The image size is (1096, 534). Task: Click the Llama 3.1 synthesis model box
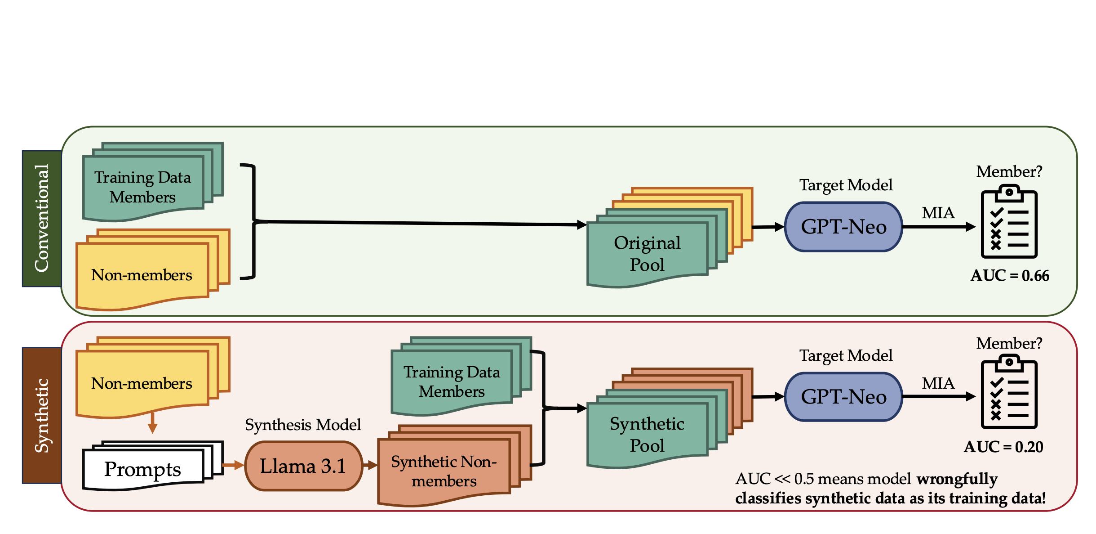[304, 466]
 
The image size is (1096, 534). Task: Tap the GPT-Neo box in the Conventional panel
[843, 227]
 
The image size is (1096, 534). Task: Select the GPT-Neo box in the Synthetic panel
[843, 397]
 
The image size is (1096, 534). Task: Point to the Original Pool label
[647, 253]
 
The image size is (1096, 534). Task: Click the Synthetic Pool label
[647, 434]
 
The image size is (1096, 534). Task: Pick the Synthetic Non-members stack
[444, 471]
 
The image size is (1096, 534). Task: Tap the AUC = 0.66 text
[1010, 275]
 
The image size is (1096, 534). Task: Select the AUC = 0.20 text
[1003, 447]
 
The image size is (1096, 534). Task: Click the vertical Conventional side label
[42, 219]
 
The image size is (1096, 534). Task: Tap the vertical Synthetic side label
[42, 415]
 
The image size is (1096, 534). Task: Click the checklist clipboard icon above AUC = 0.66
[1009, 223]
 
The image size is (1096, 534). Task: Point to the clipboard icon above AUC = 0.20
[1009, 392]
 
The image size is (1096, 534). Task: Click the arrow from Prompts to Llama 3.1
[233, 465]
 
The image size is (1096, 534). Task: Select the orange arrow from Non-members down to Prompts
[153, 423]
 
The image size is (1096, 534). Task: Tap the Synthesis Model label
[303, 425]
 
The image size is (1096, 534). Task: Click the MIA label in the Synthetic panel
[938, 383]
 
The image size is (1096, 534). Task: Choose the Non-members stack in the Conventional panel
[142, 275]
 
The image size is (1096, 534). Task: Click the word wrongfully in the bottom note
[957, 479]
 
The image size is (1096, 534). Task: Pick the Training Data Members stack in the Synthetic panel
[452, 381]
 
